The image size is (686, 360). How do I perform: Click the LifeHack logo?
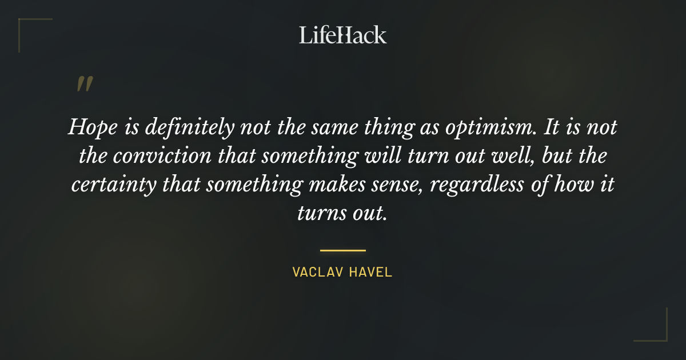(x=343, y=35)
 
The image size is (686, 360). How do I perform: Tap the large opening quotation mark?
(x=84, y=85)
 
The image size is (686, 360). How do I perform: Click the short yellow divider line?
(x=343, y=250)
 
